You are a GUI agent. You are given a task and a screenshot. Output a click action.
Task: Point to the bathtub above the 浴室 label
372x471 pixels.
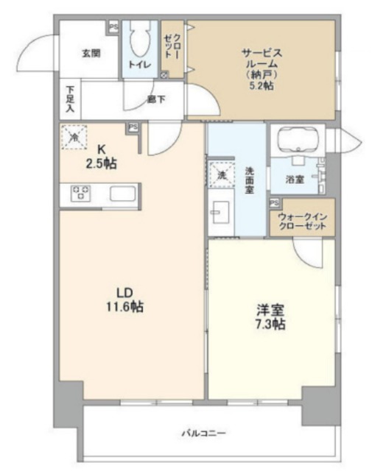298,139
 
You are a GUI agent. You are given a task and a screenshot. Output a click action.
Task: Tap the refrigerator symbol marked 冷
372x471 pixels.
74,136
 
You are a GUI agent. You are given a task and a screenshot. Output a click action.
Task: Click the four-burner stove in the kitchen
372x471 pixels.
80,194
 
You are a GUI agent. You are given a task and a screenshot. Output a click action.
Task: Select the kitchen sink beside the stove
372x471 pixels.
122,194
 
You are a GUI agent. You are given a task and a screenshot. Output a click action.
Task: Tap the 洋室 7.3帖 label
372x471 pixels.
269,316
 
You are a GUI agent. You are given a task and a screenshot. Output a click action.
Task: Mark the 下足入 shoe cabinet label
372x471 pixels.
69,99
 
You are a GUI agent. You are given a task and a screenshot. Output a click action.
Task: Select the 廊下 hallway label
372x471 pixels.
155,98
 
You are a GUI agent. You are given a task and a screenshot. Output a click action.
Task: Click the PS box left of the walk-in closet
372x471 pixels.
274,202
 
